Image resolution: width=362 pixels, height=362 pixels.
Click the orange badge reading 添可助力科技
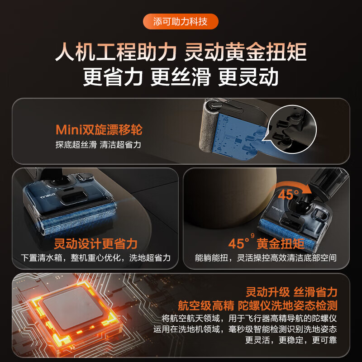[x=181, y=21]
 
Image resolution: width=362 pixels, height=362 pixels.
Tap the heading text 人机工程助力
[x=115, y=52]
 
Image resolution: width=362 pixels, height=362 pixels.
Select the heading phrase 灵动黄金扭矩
[x=246, y=52]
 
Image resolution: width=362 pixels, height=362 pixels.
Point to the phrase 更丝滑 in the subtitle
[x=181, y=77]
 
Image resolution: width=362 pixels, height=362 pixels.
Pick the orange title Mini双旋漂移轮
[x=99, y=130]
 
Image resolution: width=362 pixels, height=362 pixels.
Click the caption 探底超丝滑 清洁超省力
[x=99, y=145]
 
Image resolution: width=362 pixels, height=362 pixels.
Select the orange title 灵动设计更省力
[x=95, y=244]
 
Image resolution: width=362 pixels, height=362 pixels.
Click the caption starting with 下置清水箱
[x=96, y=258]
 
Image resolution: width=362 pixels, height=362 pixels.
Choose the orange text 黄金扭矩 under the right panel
[x=280, y=244]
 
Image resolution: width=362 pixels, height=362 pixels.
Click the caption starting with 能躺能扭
[x=266, y=258]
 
